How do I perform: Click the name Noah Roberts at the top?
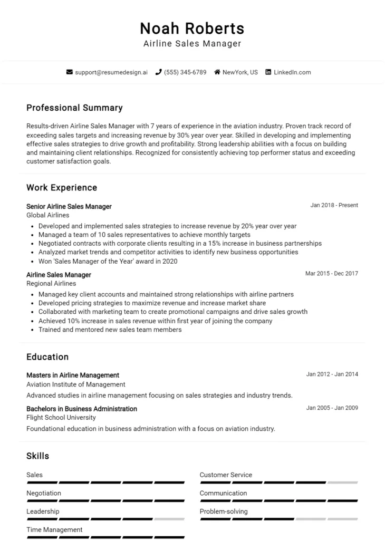tap(192, 28)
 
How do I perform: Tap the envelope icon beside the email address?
tap(70, 72)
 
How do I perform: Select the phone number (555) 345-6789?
tap(185, 72)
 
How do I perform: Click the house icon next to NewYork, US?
tap(217, 72)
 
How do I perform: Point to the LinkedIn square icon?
tap(268, 72)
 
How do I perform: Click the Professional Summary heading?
tap(74, 108)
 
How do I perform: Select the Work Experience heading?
tap(62, 187)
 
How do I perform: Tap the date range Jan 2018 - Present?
tap(334, 205)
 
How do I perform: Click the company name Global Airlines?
tap(47, 215)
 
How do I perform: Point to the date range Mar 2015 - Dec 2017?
tap(331, 273)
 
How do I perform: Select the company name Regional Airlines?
tap(51, 283)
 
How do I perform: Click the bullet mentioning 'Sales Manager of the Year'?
tap(108, 261)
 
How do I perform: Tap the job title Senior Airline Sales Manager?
tap(69, 206)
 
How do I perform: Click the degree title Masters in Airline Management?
tap(73, 375)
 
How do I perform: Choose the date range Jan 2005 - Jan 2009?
tap(332, 408)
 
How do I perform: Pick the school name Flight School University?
tap(61, 418)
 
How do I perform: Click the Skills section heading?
tap(37, 456)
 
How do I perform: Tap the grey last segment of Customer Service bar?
tap(342, 483)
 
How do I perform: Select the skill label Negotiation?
tap(44, 493)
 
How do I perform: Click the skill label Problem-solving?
tap(223, 511)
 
